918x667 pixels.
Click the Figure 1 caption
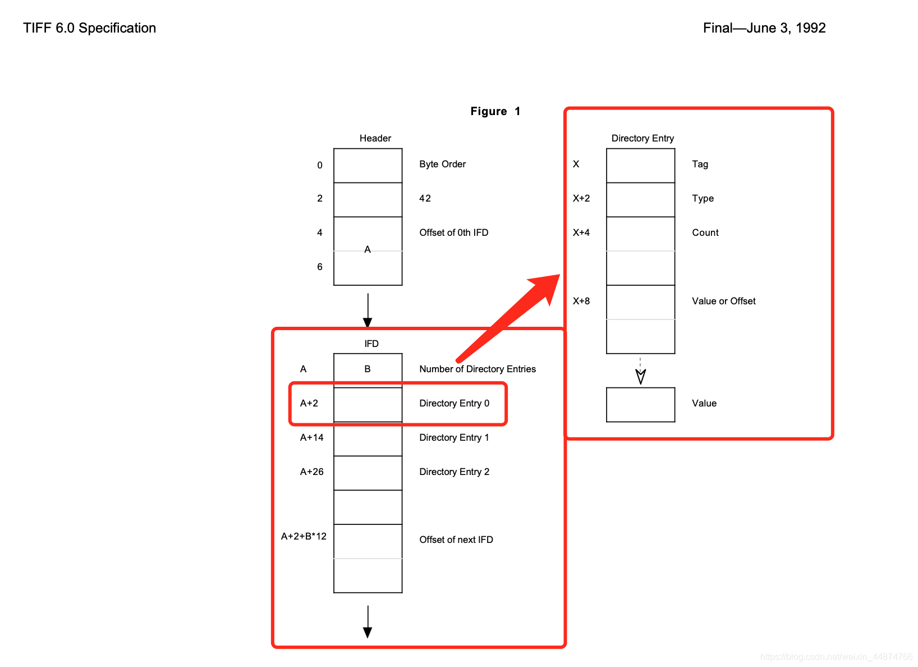tap(495, 111)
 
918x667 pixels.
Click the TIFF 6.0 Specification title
tap(90, 28)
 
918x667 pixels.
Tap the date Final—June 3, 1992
tap(764, 28)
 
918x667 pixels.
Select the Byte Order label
tap(442, 164)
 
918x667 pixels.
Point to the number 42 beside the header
tap(425, 198)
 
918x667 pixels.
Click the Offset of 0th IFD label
tap(453, 232)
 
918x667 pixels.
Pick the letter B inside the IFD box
tap(368, 369)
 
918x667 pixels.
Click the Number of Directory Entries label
tap(477, 369)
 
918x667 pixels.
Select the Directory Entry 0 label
tap(454, 403)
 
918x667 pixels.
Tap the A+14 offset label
tap(311, 437)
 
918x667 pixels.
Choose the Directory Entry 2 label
tap(454, 472)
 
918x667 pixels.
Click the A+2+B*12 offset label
tap(304, 536)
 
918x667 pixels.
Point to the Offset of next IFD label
tap(456, 540)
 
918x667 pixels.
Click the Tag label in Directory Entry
tap(700, 164)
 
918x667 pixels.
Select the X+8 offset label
tap(581, 301)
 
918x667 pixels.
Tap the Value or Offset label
tap(723, 301)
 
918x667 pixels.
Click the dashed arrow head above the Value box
tap(640, 376)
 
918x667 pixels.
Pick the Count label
tap(705, 232)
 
